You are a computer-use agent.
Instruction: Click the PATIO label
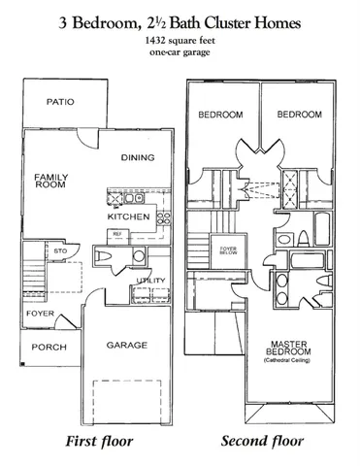pyautogui.click(x=59, y=100)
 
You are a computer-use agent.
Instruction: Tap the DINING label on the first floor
pyautogui.click(x=139, y=157)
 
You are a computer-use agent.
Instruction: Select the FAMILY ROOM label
pyautogui.click(x=50, y=183)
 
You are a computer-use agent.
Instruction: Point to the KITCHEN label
pyautogui.click(x=129, y=217)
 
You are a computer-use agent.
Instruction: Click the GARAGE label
pyautogui.click(x=127, y=345)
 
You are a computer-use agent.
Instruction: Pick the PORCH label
pyautogui.click(x=49, y=348)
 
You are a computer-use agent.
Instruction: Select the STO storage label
pyautogui.click(x=59, y=251)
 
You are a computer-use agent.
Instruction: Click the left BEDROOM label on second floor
pyautogui.click(x=220, y=114)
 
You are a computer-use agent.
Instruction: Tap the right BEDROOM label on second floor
pyautogui.click(x=299, y=114)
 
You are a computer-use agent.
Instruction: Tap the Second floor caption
pyautogui.click(x=263, y=442)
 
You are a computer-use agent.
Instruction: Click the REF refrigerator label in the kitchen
pyautogui.click(x=116, y=234)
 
